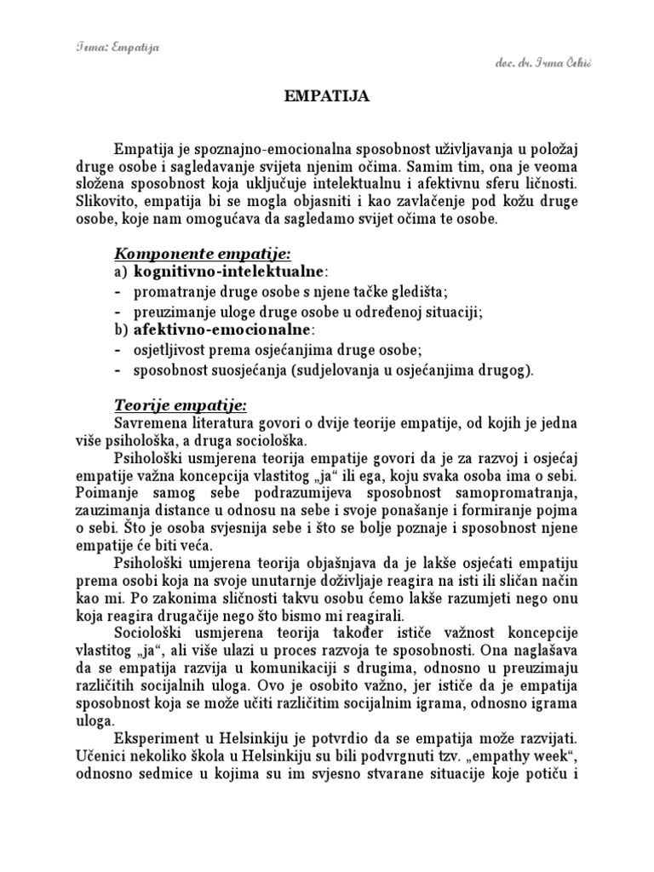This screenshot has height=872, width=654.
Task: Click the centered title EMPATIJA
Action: pos(326,97)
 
